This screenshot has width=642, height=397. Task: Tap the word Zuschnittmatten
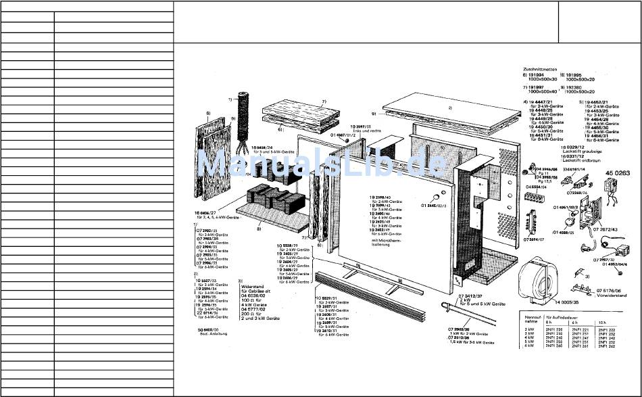click(539, 68)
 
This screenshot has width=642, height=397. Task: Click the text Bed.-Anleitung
click(206, 334)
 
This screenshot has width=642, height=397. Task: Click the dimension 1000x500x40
click(541, 91)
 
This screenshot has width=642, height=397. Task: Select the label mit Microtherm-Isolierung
click(385, 242)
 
